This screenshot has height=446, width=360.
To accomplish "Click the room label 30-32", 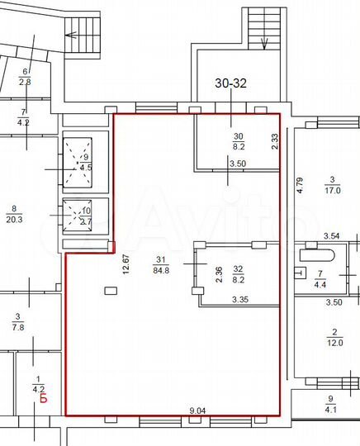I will tap(232, 83).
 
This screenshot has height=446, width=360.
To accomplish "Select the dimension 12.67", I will tap(126, 263).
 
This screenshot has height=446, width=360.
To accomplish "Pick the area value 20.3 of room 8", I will tap(14, 221).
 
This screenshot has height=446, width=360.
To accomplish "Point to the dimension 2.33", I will tap(274, 141).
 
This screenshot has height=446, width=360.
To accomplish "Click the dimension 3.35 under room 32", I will tap(241, 299).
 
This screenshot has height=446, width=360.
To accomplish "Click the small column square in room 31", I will tap(110, 289).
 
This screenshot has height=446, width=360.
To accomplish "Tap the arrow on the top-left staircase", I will tap(73, 36).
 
